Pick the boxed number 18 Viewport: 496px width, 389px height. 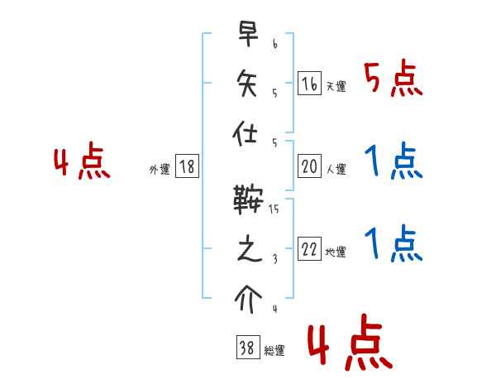click(187, 167)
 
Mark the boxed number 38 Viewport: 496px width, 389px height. click(247, 348)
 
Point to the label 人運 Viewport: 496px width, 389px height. click(336, 170)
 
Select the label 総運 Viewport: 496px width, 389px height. click(274, 351)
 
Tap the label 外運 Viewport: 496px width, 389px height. click(160, 170)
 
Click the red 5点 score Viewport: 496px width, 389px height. click(393, 79)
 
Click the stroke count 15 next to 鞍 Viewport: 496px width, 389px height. click(274, 211)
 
